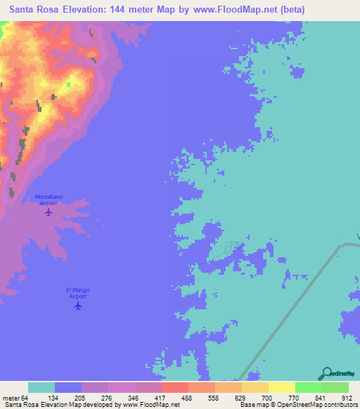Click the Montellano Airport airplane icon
tap(49, 212)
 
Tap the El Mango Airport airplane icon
tap(78, 306)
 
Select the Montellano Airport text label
tap(49, 200)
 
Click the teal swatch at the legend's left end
tap(41, 387)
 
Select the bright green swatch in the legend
tap(308, 387)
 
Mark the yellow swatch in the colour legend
tap(281, 387)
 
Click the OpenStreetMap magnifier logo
tap(326, 374)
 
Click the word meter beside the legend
tap(12, 398)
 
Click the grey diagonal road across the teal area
tap(295, 304)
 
